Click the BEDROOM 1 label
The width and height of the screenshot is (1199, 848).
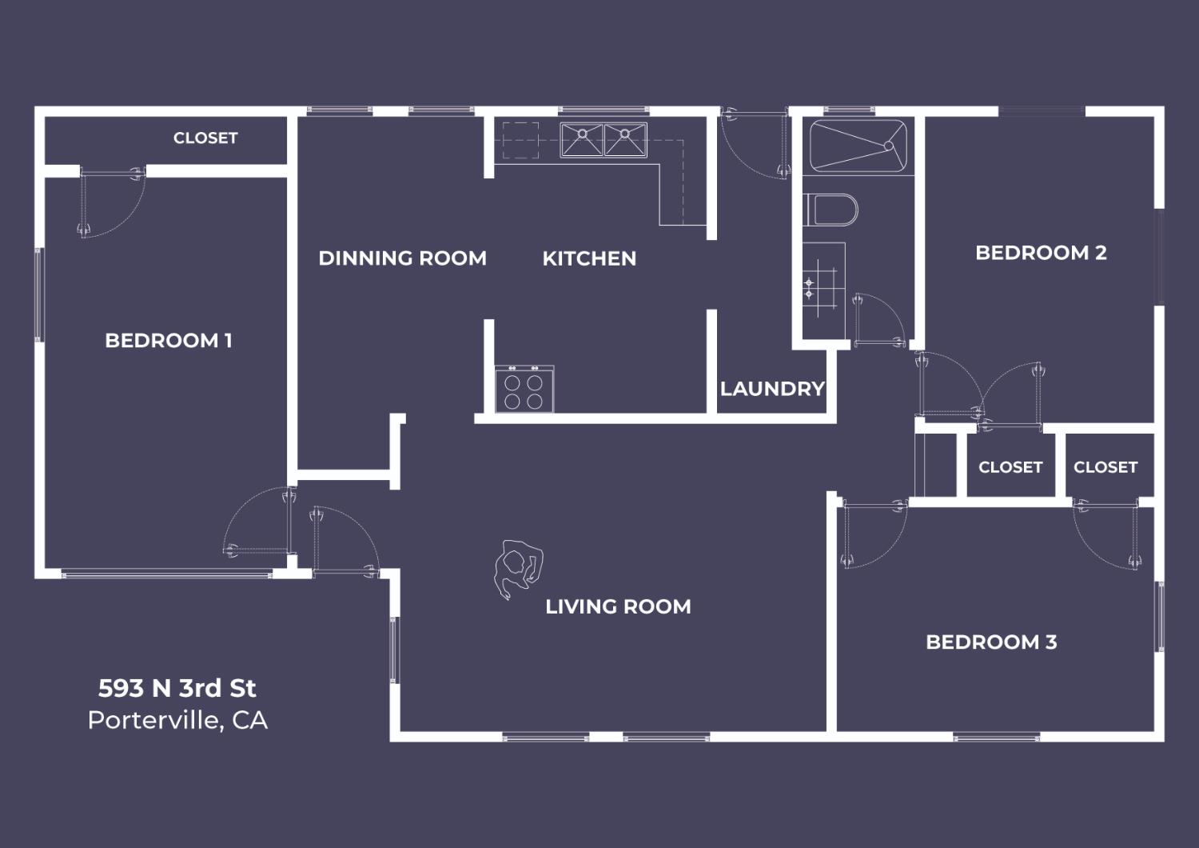[169, 341]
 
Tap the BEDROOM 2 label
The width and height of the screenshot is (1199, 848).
[1041, 253]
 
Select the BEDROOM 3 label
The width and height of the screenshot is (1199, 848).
[991, 642]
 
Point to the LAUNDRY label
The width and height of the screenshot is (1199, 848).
[772, 389]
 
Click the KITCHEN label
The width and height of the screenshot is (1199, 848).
[589, 258]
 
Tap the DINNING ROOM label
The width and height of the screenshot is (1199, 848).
[403, 258]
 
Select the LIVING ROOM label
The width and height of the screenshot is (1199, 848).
[618, 607]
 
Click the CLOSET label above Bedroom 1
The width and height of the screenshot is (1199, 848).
[205, 138]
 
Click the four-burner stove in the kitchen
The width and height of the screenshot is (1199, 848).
[524, 390]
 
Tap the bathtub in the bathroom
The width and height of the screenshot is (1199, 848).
[858, 146]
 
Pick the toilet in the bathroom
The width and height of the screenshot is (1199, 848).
[831, 210]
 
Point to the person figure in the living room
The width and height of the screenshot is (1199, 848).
[518, 568]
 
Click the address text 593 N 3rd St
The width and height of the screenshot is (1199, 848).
[177, 688]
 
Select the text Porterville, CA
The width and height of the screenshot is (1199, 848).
[177, 721]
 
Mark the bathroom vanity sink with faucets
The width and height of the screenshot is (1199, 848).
[824, 290]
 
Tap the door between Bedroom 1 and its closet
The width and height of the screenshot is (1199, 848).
[113, 202]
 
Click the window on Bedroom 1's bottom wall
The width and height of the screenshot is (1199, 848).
[167, 574]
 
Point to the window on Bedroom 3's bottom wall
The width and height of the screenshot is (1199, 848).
[997, 738]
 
